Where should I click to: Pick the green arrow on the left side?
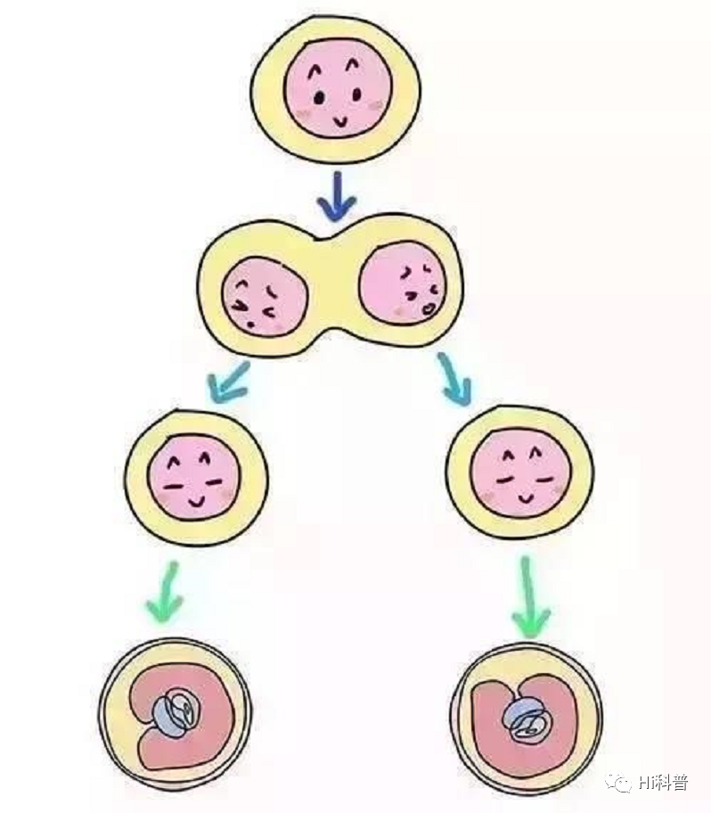click(166, 592)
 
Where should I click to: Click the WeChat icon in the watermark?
click(615, 783)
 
